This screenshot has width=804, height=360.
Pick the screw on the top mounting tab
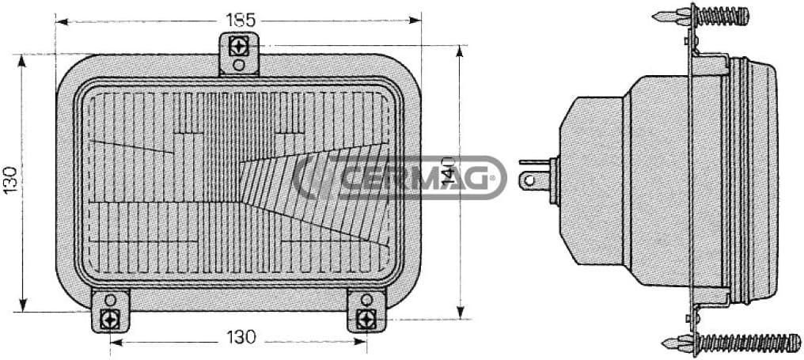pyautogui.click(x=239, y=47)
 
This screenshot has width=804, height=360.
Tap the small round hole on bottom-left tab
pyautogui.click(x=111, y=300)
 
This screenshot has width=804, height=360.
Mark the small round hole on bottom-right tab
pyautogui.click(x=366, y=300)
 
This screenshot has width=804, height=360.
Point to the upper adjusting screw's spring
pyautogui.click(x=721, y=15)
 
